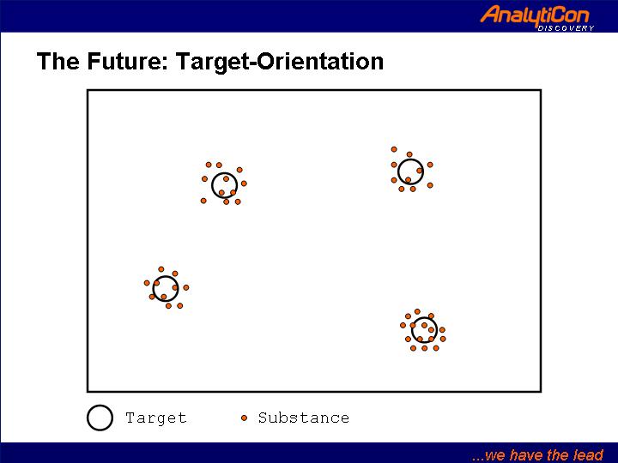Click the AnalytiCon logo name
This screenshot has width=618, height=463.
pyautogui.click(x=535, y=15)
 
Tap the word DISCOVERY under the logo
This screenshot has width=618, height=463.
pyautogui.click(x=566, y=28)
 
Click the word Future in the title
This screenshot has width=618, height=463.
pyautogui.click(x=128, y=61)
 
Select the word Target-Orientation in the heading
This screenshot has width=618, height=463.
pyautogui.click(x=280, y=62)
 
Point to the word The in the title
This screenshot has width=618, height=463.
pyautogui.click(x=58, y=61)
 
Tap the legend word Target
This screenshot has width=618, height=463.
pyautogui.click(x=155, y=418)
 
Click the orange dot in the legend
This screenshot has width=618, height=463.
pyautogui.click(x=245, y=418)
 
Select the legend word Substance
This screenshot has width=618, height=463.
pyautogui.click(x=304, y=418)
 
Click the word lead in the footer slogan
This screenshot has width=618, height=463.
pyautogui.click(x=588, y=454)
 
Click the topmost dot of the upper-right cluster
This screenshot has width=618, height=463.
pyautogui.click(x=394, y=149)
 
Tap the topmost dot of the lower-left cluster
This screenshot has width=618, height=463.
pyautogui.click(x=161, y=269)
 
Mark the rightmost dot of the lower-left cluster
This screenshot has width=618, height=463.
pyautogui.click(x=186, y=288)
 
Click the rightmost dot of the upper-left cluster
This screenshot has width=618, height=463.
pyautogui.click(x=244, y=183)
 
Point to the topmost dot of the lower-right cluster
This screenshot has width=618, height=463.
pyautogui.click(x=417, y=311)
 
